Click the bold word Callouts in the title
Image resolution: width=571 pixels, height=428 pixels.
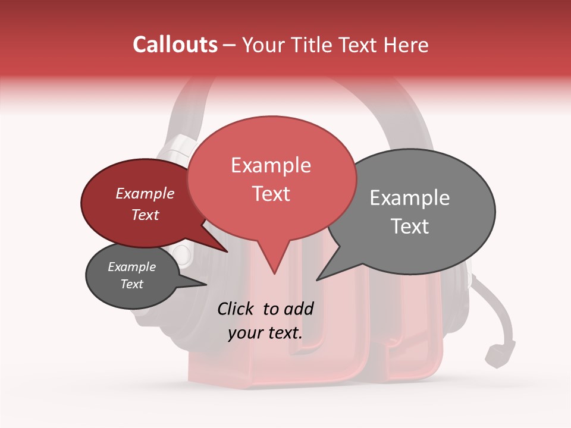pyautogui.click(x=175, y=45)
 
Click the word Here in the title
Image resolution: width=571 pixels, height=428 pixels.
pyautogui.click(x=407, y=45)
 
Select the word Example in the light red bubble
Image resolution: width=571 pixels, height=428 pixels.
pyautogui.click(x=271, y=165)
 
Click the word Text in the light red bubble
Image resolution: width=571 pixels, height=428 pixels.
pyautogui.click(x=271, y=194)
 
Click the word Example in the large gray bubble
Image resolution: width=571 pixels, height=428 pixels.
pyautogui.click(x=410, y=198)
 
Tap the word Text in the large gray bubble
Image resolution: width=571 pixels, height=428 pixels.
pyautogui.click(x=410, y=226)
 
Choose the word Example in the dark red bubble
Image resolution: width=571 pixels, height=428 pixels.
pyautogui.click(x=145, y=194)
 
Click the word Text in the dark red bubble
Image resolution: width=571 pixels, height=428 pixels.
pyautogui.click(x=145, y=215)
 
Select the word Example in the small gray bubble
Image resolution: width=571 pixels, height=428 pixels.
pyautogui.click(x=131, y=267)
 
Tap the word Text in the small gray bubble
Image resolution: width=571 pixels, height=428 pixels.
pyautogui.click(x=131, y=284)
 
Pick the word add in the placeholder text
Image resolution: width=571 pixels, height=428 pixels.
pyautogui.click(x=299, y=309)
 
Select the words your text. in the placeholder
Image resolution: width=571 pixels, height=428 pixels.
pyautogui.click(x=265, y=333)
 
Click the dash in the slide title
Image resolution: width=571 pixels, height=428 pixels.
pyautogui.click(x=230, y=45)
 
